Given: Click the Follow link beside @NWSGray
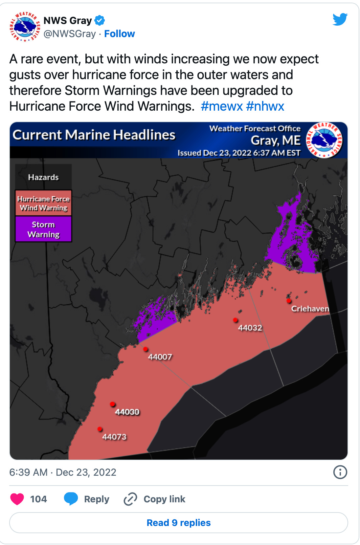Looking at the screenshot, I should tap(119, 34).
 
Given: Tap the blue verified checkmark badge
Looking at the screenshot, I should tap(100, 20).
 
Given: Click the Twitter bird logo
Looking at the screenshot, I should tap(340, 19).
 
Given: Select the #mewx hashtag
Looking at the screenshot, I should tap(222, 106).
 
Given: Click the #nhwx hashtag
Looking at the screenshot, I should tap(265, 106).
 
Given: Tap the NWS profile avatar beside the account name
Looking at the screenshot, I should tap(25, 27).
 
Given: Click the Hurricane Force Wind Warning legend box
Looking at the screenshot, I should tap(43, 203).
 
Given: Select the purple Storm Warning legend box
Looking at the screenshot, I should tap(43, 229).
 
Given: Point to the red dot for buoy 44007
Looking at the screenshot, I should tap(146, 349).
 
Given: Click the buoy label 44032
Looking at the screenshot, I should tap(250, 328).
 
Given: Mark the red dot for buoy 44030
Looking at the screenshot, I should tap(112, 404).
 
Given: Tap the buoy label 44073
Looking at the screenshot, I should tap(114, 437).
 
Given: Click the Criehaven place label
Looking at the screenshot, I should tap(310, 309).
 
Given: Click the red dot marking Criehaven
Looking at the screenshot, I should tap(289, 300).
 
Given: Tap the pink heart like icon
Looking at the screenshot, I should tap(17, 499).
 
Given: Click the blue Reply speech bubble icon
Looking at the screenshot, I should tap(71, 499).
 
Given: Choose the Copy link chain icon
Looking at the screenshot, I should tap(130, 499).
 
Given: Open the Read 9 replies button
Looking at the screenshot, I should tap(179, 523).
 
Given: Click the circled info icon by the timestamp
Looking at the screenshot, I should tap(340, 472).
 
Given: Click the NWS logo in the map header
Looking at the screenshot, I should tap(324, 140).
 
